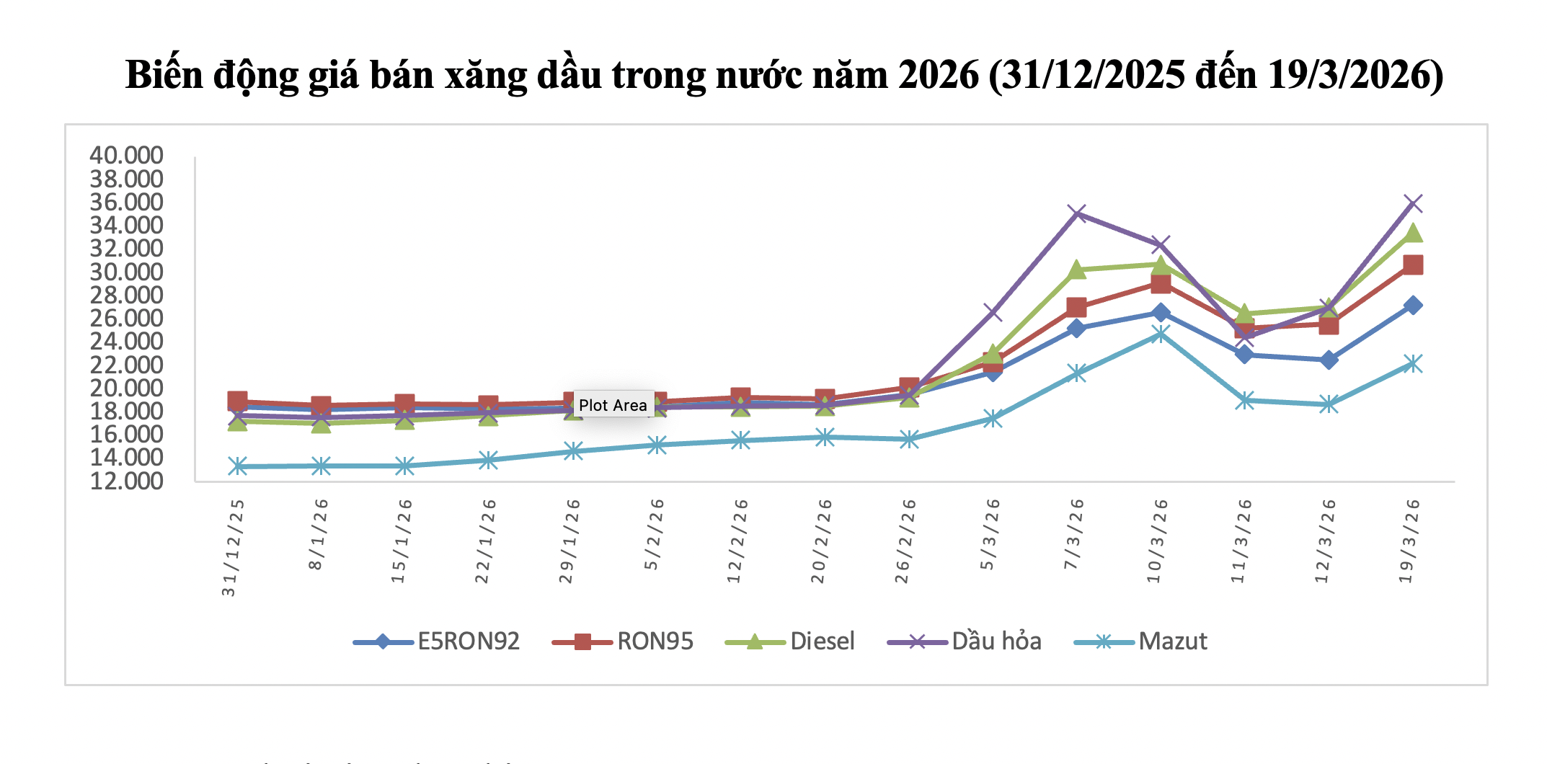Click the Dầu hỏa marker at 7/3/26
point(1077,213)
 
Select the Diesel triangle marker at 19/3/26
point(1412,233)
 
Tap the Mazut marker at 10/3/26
point(1160,334)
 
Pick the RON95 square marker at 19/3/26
point(1412,265)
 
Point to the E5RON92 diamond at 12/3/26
point(1328,360)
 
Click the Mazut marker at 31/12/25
point(238,466)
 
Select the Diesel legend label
point(822,641)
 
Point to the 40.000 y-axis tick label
point(126,155)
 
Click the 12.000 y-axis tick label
point(126,481)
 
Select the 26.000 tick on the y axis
point(126,318)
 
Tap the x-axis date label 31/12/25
point(231,548)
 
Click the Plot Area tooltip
point(613,405)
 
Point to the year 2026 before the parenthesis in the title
point(939,75)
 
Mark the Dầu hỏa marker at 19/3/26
point(1412,204)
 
